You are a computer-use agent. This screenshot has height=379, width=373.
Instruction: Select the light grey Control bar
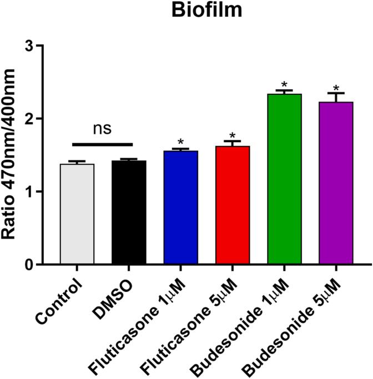(x=77, y=214)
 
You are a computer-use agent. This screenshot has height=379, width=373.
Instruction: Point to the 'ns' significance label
(x=103, y=128)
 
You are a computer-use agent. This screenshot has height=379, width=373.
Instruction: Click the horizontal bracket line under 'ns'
(x=103, y=145)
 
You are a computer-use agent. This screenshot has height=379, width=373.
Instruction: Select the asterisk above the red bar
(x=233, y=136)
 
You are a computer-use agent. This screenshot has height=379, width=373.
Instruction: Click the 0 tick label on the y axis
(x=37, y=265)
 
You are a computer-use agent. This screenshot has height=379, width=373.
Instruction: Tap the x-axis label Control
(x=61, y=302)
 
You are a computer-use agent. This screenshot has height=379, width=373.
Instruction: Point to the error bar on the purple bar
(x=336, y=97)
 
